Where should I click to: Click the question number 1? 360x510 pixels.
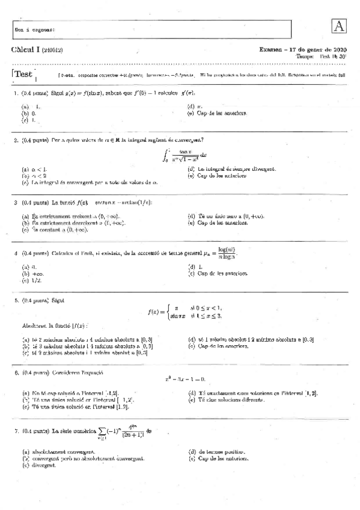pos(15,93)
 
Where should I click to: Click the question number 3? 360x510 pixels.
pos(15,203)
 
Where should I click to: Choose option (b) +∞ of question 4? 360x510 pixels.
pos(30,274)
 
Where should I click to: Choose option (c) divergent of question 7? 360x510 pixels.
pos(37,465)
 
